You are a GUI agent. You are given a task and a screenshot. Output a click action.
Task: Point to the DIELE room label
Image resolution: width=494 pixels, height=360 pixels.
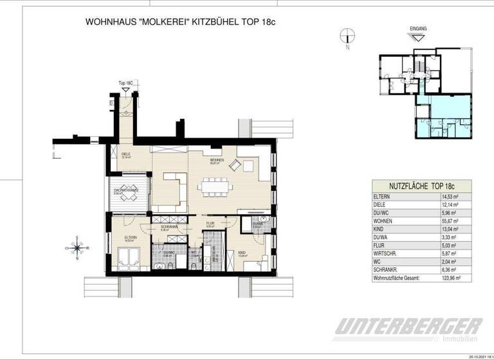[127, 154]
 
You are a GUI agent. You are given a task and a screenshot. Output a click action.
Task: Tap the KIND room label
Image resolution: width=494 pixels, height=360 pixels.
[242, 253]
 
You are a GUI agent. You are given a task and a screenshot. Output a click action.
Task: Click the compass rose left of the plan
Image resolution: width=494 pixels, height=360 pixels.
[77, 247]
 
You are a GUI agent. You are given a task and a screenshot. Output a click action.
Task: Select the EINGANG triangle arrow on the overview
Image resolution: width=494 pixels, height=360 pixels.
[419, 39]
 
